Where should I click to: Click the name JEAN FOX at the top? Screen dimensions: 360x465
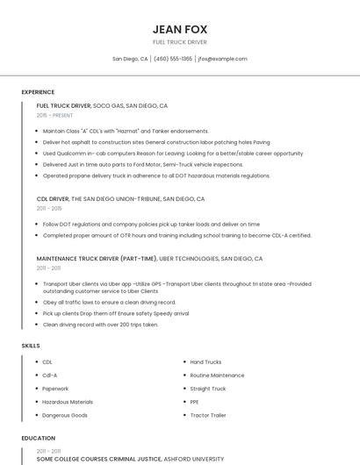pyautogui.click(x=179, y=29)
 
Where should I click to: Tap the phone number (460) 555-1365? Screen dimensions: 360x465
pyautogui.click(x=173, y=59)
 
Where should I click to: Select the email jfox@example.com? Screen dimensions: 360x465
pyautogui.click(x=222, y=59)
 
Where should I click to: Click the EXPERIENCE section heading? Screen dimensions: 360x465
pyautogui.click(x=38, y=92)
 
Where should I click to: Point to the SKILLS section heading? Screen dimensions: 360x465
pyautogui.click(x=30, y=346)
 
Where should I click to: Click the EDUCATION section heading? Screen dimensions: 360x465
pyautogui.click(x=38, y=438)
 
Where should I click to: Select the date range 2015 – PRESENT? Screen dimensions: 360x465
pyautogui.click(x=54, y=115)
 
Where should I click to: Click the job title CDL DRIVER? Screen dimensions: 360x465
pyautogui.click(x=52, y=199)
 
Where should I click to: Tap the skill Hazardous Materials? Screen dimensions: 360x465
pyautogui.click(x=68, y=402)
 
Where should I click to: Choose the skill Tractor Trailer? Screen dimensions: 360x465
pyautogui.click(x=208, y=415)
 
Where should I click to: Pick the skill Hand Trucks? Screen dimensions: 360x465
pyautogui.click(x=205, y=361)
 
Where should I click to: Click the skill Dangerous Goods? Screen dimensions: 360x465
pyautogui.click(x=65, y=415)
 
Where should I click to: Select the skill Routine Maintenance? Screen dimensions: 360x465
pyautogui.click(x=217, y=375)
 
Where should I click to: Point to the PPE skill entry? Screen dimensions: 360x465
pyautogui.click(x=195, y=402)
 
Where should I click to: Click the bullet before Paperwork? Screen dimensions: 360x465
pyautogui.click(x=35, y=389)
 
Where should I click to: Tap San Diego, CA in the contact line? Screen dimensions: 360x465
pyautogui.click(x=130, y=59)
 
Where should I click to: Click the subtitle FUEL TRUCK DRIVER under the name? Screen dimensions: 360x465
pyautogui.click(x=179, y=42)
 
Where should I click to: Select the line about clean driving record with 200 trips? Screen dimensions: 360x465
pyautogui.click(x=100, y=325)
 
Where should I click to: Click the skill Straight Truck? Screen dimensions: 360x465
pyautogui.click(x=208, y=389)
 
